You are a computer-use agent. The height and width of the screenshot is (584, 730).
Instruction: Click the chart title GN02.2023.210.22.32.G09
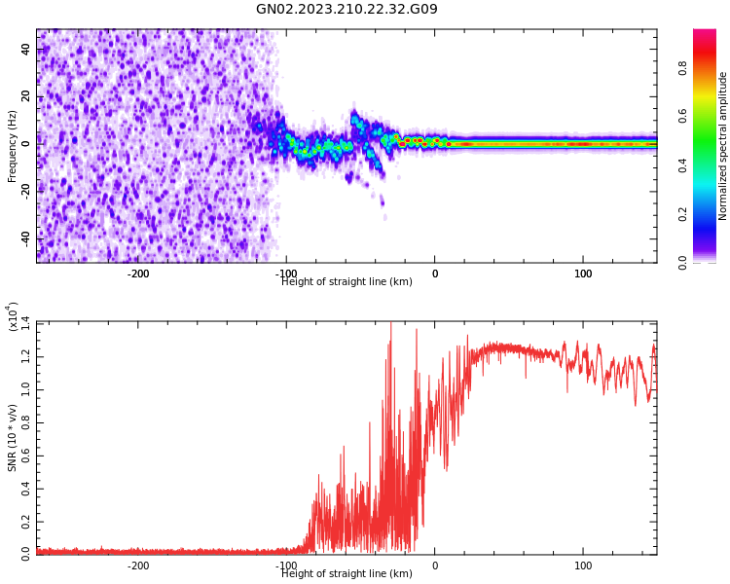pyautogui.click(x=347, y=10)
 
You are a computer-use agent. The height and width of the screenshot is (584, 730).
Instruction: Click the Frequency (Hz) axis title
pyautogui.click(x=13, y=146)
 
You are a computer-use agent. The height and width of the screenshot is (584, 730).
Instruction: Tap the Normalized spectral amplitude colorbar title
pyautogui.click(x=723, y=146)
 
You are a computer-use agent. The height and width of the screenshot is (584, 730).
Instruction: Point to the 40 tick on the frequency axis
pyautogui.click(x=26, y=49)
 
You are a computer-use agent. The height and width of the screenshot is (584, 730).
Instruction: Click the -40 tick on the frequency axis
pyautogui.click(x=26, y=237)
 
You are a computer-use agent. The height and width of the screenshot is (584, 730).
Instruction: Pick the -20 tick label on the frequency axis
pyautogui.click(x=26, y=191)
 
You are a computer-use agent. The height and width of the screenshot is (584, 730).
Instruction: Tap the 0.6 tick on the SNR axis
pyautogui.click(x=26, y=455)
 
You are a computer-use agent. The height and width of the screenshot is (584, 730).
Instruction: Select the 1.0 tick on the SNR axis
pyautogui.click(x=26, y=388)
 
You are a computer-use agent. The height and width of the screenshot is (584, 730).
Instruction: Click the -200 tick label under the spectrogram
pyautogui.click(x=138, y=274)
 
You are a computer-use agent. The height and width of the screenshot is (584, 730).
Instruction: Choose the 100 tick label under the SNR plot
pyautogui.click(x=583, y=566)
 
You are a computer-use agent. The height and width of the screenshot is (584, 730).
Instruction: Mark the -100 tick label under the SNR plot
pyautogui.click(x=286, y=566)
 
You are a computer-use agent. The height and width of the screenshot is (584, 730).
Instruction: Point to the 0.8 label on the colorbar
pyautogui.click(x=683, y=68)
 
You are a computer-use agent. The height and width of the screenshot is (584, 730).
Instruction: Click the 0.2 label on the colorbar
pyautogui.click(x=683, y=214)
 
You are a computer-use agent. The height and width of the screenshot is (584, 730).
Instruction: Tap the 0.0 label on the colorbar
pyautogui.click(x=683, y=262)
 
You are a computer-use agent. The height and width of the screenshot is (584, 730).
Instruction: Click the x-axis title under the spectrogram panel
pyautogui.click(x=347, y=282)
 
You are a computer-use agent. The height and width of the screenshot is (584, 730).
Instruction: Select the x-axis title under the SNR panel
pyautogui.click(x=347, y=574)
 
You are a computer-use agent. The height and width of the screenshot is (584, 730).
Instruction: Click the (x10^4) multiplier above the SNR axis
pyautogui.click(x=14, y=316)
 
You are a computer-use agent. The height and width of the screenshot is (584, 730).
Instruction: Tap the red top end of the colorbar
pyautogui.click(x=705, y=34)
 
